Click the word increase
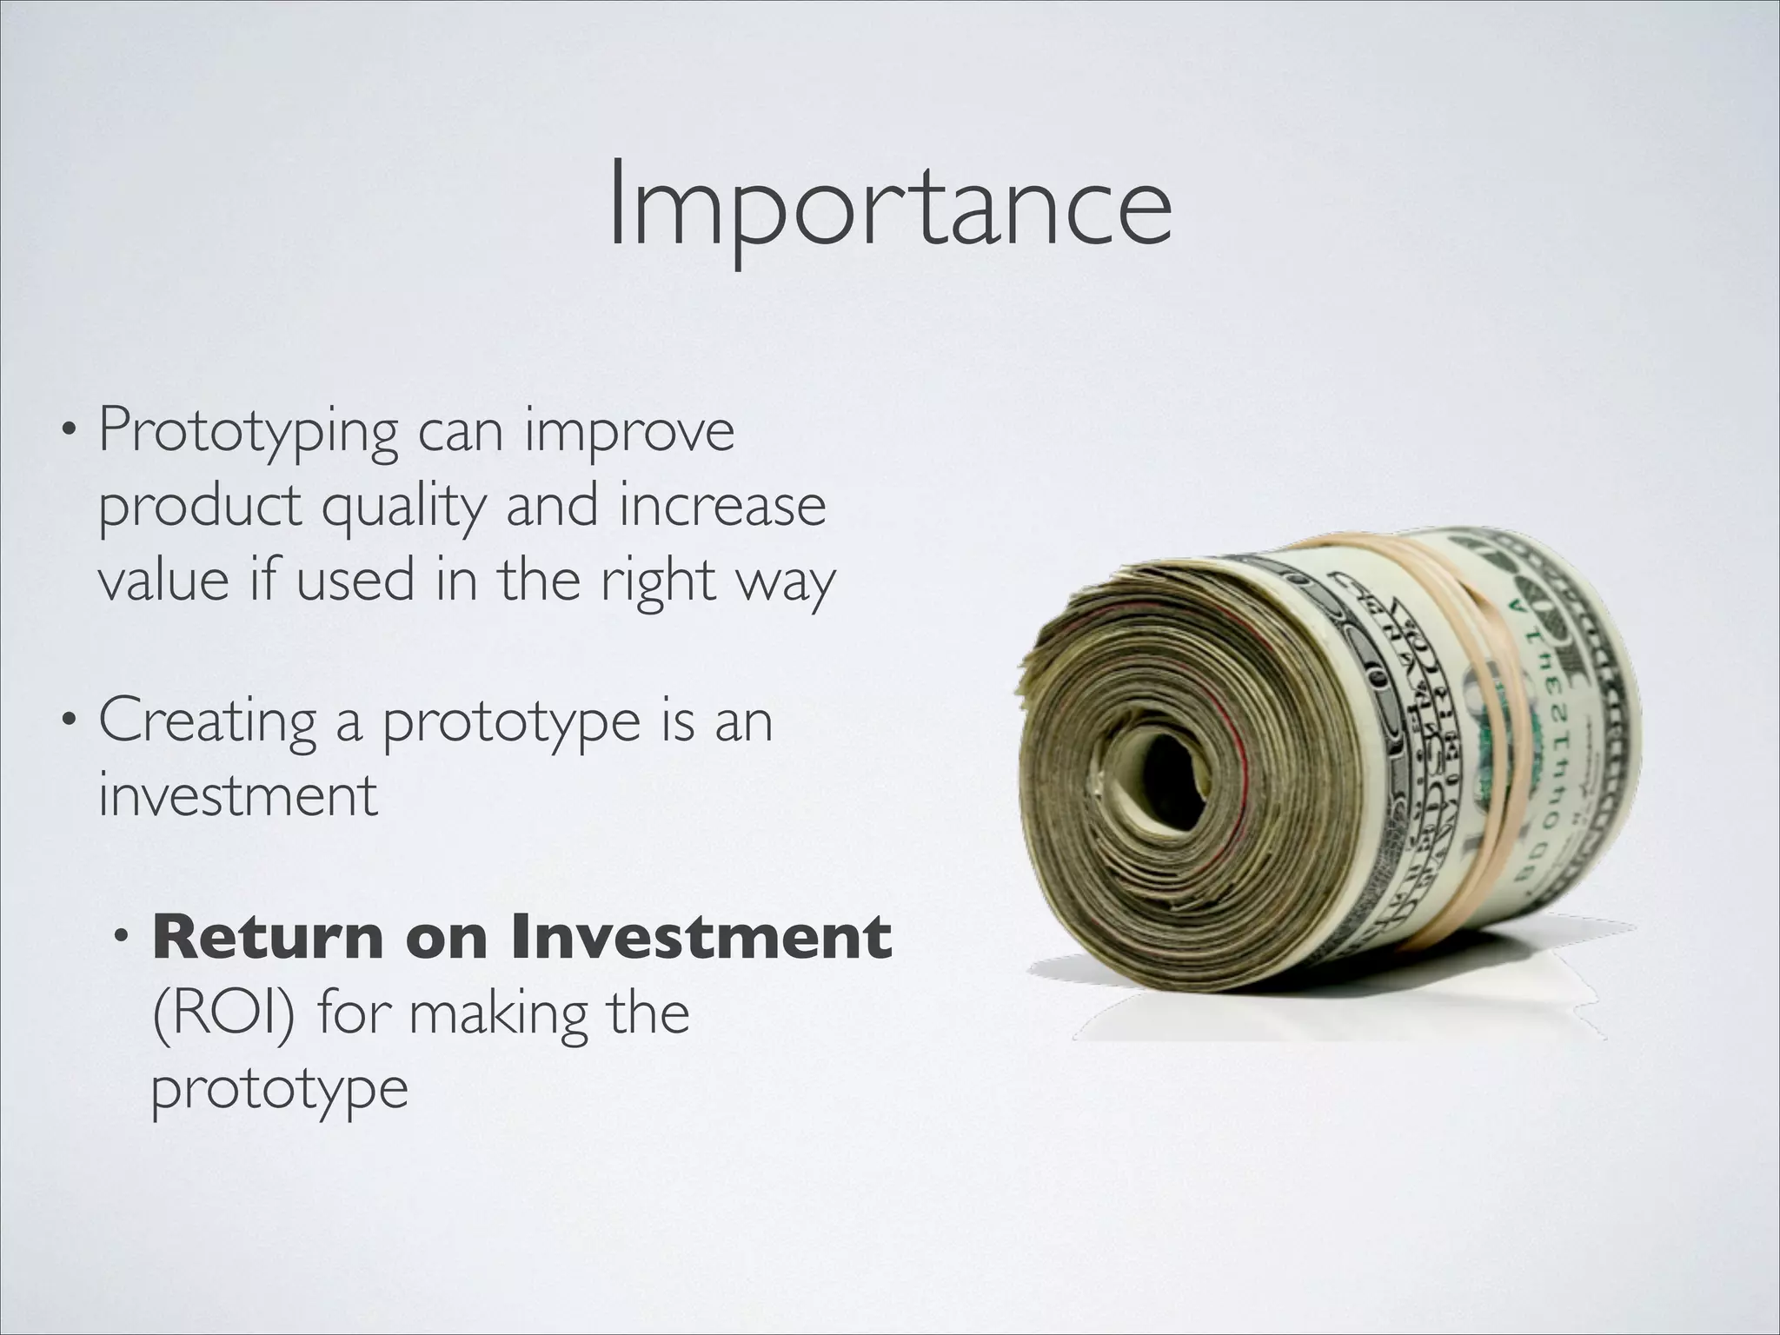pos(721,506)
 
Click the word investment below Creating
pos(237,794)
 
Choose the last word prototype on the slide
pos(279,1089)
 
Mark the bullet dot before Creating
pos(69,722)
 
